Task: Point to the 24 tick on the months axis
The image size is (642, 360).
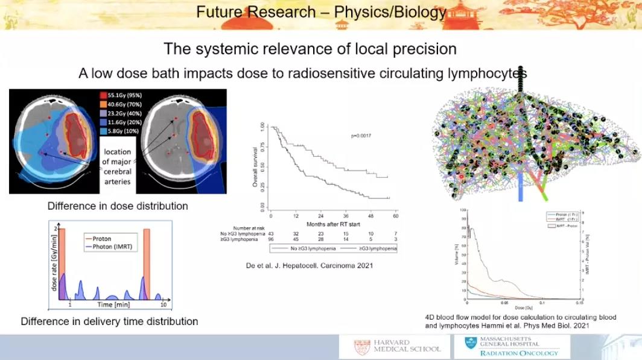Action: pyautogui.click(x=321, y=216)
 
